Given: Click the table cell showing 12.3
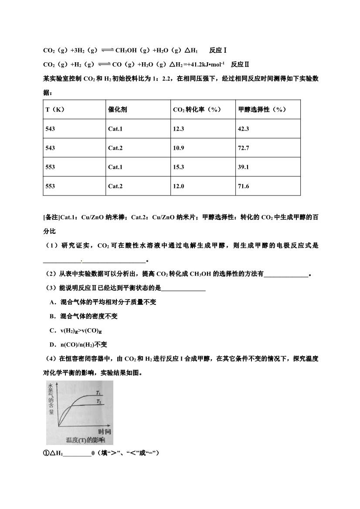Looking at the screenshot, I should click(x=179, y=129).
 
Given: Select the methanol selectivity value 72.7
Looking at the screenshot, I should click(x=243, y=148).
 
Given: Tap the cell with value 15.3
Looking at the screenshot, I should click(x=179, y=167).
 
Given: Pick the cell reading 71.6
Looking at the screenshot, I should click(x=243, y=186).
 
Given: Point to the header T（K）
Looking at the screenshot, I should click(x=55, y=110).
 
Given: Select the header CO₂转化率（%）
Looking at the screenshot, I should click(x=197, y=110).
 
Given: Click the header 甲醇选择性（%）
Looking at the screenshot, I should click(x=262, y=110).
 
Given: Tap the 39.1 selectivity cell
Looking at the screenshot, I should click(x=243, y=167).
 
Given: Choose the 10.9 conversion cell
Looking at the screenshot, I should click(x=179, y=148).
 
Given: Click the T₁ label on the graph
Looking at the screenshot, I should click(x=99, y=393).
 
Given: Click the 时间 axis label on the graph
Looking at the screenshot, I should click(x=104, y=431).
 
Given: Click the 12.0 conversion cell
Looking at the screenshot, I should click(x=179, y=186).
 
